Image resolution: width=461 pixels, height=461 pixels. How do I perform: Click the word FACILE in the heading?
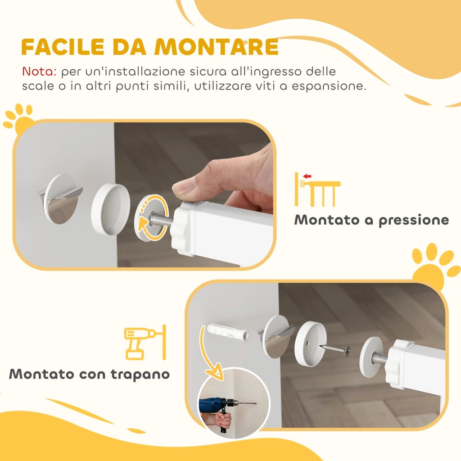(59, 47)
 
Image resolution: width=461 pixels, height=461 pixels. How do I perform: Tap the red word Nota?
(39, 72)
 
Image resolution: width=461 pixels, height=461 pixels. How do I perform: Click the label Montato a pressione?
(371, 220)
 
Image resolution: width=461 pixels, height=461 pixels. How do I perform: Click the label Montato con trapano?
(90, 374)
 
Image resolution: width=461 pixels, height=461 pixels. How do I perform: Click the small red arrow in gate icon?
(308, 176)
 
